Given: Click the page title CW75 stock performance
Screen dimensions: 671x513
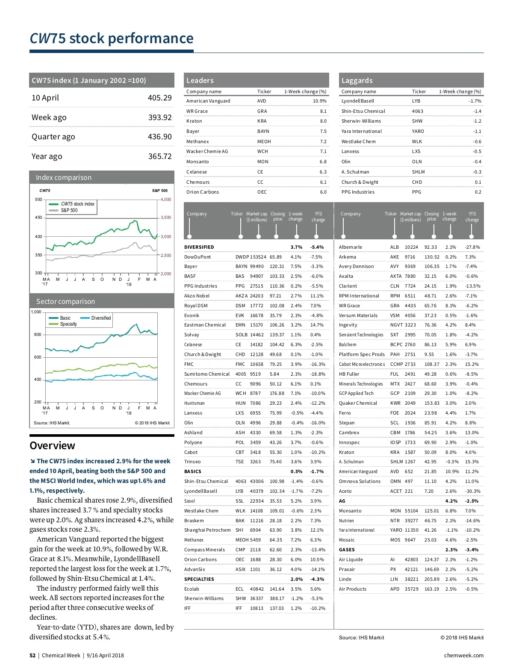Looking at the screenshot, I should click(112, 38).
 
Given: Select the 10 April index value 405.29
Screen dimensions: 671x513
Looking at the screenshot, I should click(159, 98).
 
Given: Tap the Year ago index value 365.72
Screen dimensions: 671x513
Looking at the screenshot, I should click(159, 156).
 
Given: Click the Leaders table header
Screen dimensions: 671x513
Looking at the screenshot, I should click(200, 80).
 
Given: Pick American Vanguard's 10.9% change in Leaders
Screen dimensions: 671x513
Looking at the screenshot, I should click(319, 101).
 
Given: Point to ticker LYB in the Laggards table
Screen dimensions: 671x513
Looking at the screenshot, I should click(416, 101).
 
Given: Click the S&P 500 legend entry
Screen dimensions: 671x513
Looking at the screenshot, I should click(69, 210).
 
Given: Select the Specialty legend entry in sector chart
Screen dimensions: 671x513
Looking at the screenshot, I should click(68, 324).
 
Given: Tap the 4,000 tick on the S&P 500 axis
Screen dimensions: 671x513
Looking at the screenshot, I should click(166, 200).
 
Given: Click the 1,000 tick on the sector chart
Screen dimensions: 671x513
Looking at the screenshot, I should click(36, 312).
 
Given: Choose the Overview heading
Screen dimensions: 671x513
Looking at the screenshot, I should click(52, 446).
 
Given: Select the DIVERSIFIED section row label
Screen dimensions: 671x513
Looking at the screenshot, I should click(199, 247).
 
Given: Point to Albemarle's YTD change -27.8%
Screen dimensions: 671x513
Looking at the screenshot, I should click(472, 247).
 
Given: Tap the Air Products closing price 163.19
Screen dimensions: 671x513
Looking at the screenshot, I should click(432, 589).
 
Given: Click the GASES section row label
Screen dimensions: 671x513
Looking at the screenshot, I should click(347, 550).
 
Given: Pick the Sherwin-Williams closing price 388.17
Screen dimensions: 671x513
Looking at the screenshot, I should click(277, 598).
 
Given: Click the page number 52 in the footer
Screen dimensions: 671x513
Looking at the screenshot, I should click(32, 656).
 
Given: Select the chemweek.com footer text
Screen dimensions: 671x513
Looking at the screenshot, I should click(464, 656).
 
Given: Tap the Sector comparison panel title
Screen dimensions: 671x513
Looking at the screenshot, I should click(65, 301).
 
